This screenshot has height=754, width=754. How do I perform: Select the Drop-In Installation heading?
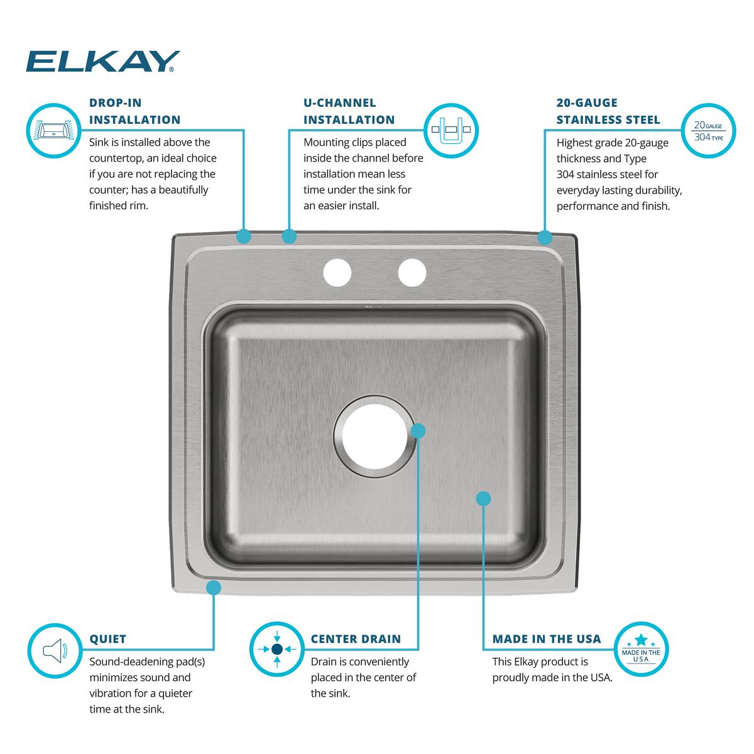tap(134, 111)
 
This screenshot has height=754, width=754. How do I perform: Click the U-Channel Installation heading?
tap(349, 111)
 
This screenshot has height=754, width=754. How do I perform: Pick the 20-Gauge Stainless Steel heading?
tap(608, 111)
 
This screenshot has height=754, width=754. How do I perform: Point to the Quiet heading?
tap(108, 639)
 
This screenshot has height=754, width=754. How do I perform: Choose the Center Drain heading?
tap(356, 639)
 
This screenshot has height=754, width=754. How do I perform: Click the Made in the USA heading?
tap(547, 639)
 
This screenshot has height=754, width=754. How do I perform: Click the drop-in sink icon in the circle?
tap(54, 131)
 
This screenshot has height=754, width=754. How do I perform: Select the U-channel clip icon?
tap(451, 130)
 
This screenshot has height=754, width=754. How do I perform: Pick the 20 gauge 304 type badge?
tap(708, 131)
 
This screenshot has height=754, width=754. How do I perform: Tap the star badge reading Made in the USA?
tap(641, 650)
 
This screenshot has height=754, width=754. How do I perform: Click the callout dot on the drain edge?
tap(418, 430)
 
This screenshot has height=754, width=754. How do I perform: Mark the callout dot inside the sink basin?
tap(483, 499)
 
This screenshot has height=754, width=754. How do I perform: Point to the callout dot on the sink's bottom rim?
tap(214, 587)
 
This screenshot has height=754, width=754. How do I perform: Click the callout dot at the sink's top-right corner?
tap(545, 238)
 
